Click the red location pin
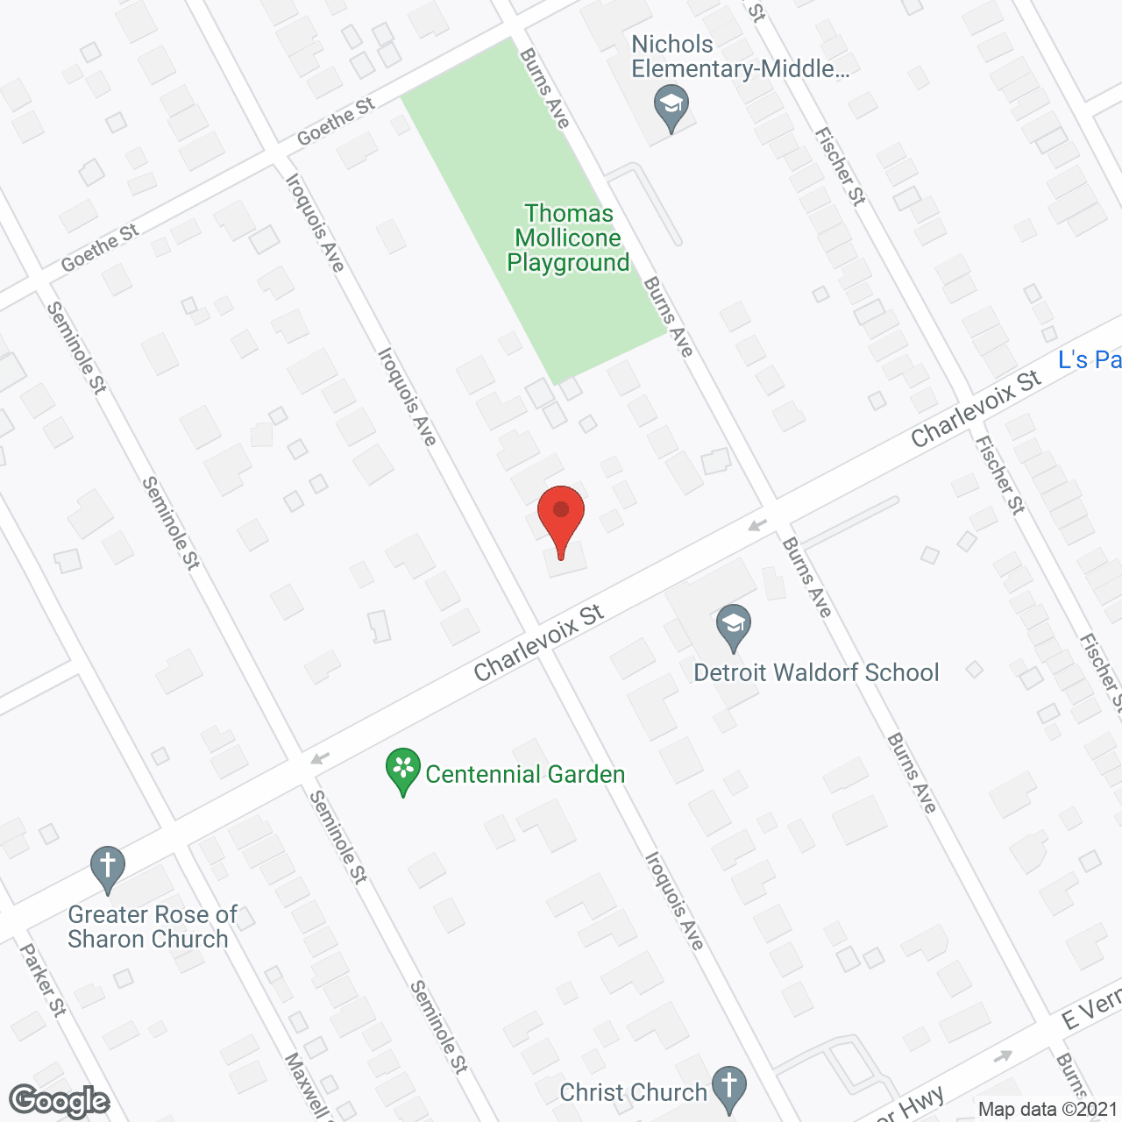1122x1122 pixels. [561, 518]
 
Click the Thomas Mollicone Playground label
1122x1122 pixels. [568, 238]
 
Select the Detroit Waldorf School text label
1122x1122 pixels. [816, 672]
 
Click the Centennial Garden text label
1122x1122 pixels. [525, 774]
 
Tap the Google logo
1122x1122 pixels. [59, 1101]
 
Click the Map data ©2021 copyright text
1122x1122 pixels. [1047, 1109]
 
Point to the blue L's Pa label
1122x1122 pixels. [1090, 359]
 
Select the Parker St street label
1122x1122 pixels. [43, 979]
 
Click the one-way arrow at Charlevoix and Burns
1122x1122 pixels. [757, 525]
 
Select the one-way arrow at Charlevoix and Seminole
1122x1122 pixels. [320, 758]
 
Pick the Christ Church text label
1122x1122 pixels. [633, 1092]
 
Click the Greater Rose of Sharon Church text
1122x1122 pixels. [152, 927]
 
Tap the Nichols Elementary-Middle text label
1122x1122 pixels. [740, 56]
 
